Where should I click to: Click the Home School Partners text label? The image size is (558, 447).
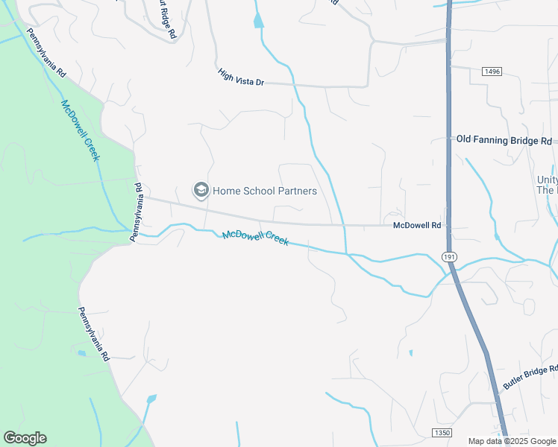click(265, 191)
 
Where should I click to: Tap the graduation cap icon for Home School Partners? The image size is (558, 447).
click(201, 191)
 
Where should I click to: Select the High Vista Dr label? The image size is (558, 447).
click(241, 77)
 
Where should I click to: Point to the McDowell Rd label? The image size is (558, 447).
click(418, 225)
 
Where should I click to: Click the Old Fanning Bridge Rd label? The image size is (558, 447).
click(504, 140)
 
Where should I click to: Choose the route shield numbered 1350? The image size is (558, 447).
click(441, 433)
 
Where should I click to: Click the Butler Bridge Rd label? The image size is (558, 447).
click(530, 378)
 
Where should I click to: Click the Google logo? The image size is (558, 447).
click(25, 438)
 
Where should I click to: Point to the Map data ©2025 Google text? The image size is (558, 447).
click(511, 441)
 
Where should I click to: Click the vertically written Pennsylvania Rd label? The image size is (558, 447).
click(137, 212)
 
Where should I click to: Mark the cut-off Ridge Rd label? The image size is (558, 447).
click(168, 20)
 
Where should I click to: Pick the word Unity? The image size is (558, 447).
click(547, 180)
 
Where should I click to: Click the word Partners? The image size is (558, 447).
click(297, 191)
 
